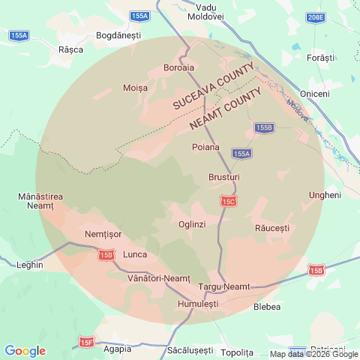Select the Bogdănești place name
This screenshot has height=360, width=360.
click(119, 35)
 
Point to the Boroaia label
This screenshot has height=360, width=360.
click(178, 67)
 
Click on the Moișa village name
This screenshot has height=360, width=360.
click(135, 88)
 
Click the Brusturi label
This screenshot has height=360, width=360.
click(223, 177)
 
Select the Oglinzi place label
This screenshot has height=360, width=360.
click(192, 224)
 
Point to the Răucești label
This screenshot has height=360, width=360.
click(271, 226)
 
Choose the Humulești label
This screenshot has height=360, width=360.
click(198, 304)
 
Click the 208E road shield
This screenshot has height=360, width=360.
click(316, 17)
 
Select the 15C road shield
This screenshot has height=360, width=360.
click(229, 201)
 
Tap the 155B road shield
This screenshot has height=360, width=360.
click(263, 128)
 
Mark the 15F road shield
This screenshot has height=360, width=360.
click(86, 342)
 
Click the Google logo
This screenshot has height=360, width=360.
click(25, 351)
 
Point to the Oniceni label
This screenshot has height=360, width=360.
click(314, 93)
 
